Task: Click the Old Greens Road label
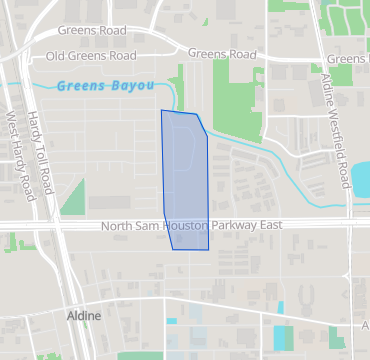coord(91,56)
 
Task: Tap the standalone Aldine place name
coord(84,316)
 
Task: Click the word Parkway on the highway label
coord(230,227)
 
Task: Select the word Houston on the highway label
coord(177,227)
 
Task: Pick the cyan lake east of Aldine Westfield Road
coord(361,176)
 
